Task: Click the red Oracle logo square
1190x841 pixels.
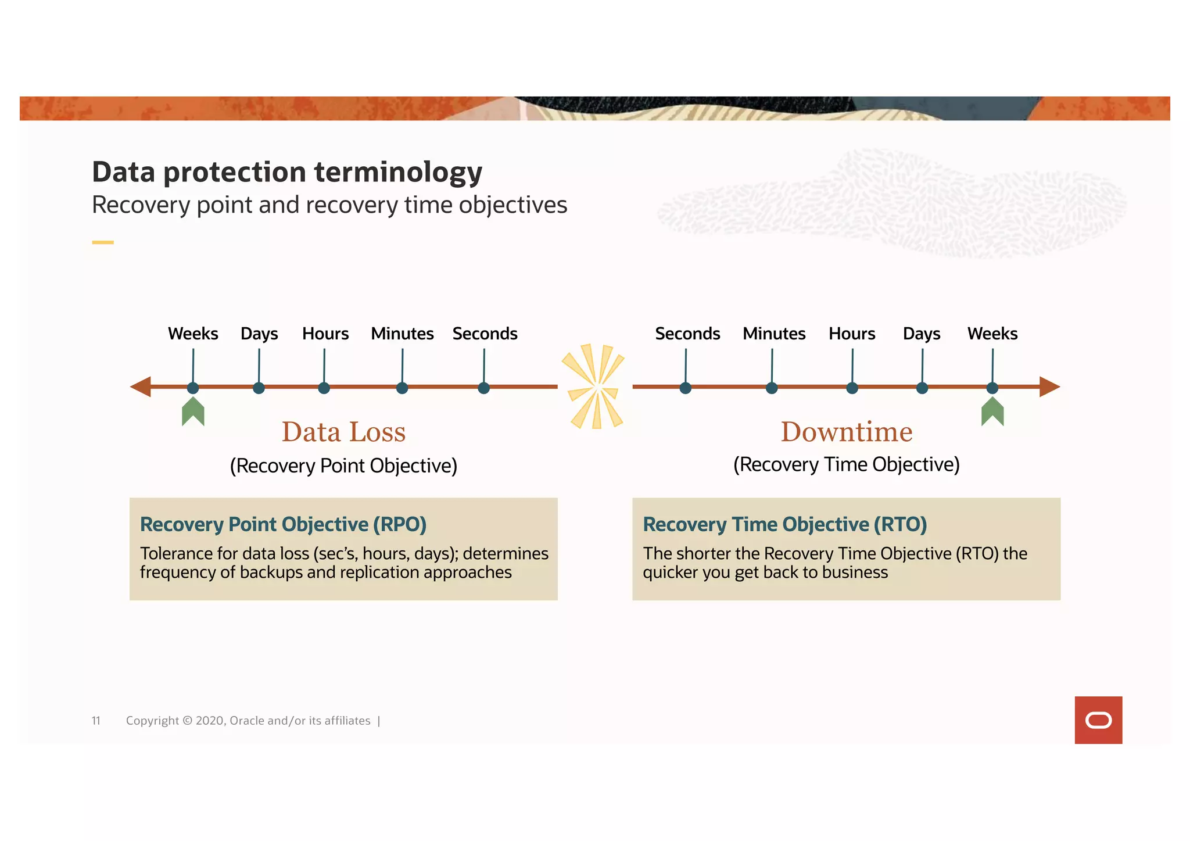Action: pyautogui.click(x=1098, y=720)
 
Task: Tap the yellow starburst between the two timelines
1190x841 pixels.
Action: pyautogui.click(x=594, y=386)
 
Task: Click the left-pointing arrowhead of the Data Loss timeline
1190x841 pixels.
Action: pyautogui.click(x=141, y=386)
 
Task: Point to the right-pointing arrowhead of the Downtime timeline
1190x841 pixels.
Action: pyautogui.click(x=1049, y=386)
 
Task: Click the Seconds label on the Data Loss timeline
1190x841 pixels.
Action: pyautogui.click(x=485, y=334)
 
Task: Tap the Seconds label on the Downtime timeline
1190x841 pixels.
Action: pyautogui.click(x=687, y=334)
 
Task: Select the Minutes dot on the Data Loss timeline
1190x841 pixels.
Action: pyautogui.click(x=402, y=388)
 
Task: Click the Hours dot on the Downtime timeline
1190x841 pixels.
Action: pyautogui.click(x=852, y=388)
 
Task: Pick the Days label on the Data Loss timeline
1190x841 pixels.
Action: pyautogui.click(x=259, y=334)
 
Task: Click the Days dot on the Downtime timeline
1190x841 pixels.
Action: pyautogui.click(x=922, y=388)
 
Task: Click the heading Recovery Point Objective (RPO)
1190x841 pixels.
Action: pyautogui.click(x=283, y=524)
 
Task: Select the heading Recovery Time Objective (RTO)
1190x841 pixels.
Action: pyautogui.click(x=784, y=524)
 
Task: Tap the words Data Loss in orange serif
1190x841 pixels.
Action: pyautogui.click(x=343, y=432)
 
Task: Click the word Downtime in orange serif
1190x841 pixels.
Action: pyautogui.click(x=847, y=432)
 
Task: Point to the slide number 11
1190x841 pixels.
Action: pyautogui.click(x=96, y=721)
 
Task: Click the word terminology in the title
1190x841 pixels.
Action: pyautogui.click(x=398, y=173)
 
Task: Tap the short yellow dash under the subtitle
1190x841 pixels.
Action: pyautogui.click(x=103, y=242)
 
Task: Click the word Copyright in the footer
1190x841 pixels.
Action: pyautogui.click(x=152, y=721)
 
